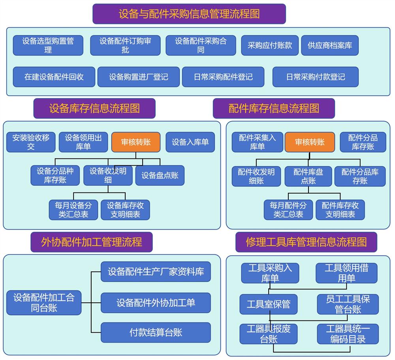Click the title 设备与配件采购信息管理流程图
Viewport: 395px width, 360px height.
[x=189, y=14]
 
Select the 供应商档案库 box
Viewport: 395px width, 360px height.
[x=330, y=45]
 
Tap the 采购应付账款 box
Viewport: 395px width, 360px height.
[x=270, y=45]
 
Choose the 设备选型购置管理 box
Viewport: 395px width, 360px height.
[x=48, y=45]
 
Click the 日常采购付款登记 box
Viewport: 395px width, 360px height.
[x=315, y=77]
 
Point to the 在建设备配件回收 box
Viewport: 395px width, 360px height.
[x=54, y=77]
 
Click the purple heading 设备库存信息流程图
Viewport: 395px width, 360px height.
[x=94, y=108]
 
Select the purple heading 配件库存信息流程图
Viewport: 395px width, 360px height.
[x=274, y=108]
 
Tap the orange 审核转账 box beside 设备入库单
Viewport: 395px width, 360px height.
[x=136, y=142]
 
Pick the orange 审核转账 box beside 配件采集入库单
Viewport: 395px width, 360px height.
[x=310, y=142]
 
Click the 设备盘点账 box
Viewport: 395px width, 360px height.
[x=160, y=175]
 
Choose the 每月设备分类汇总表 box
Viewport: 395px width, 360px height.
[x=73, y=210]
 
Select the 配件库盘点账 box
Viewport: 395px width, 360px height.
[x=308, y=176]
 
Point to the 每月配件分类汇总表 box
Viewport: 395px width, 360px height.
[x=288, y=210]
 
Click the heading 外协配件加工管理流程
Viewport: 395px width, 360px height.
[x=92, y=242]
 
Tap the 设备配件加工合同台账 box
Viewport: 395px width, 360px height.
[x=44, y=303]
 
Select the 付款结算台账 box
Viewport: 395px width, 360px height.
[x=156, y=332]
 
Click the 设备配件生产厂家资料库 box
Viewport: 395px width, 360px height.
[x=156, y=272]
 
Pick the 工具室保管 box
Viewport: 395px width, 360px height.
[x=269, y=304]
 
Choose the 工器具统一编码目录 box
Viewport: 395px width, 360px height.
[x=348, y=334]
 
